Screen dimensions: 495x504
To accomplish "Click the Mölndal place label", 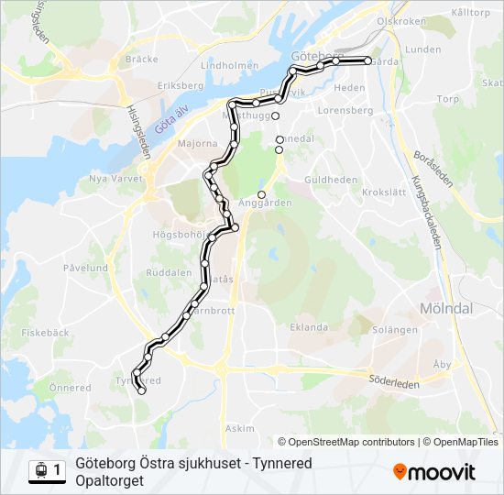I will pyautogui.click(x=445, y=308).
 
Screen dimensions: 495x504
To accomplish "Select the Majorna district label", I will pyautogui.click(x=197, y=144).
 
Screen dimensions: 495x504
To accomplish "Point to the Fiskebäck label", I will pyautogui.click(x=45, y=333).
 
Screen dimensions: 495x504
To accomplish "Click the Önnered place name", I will pyautogui.click(x=70, y=388).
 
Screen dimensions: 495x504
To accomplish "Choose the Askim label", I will pyautogui.click(x=239, y=428).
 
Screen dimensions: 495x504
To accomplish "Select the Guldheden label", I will pyautogui.click(x=331, y=180).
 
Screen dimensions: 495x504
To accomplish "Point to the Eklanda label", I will pyautogui.click(x=308, y=326).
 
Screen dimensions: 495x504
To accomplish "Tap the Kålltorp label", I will pyautogui.click(x=471, y=13).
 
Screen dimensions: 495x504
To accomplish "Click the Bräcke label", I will pyautogui.click(x=142, y=58).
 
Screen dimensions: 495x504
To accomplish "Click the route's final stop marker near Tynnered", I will pyautogui.click(x=142, y=391).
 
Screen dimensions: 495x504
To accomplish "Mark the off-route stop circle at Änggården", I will pyautogui.click(x=261, y=194).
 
